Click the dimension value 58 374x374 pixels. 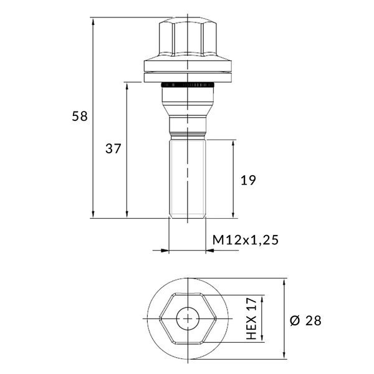click(x=80, y=116)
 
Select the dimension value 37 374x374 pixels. click(x=113, y=148)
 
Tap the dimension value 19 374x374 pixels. click(x=248, y=180)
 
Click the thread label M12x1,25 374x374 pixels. click(x=246, y=240)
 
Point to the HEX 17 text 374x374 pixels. click(x=252, y=319)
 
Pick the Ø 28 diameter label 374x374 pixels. click(x=305, y=320)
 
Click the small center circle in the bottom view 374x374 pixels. click(x=188, y=319)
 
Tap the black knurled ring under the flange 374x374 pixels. click(x=188, y=85)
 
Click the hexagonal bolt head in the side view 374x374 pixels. click(x=188, y=38)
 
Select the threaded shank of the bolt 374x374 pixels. click(x=188, y=179)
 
